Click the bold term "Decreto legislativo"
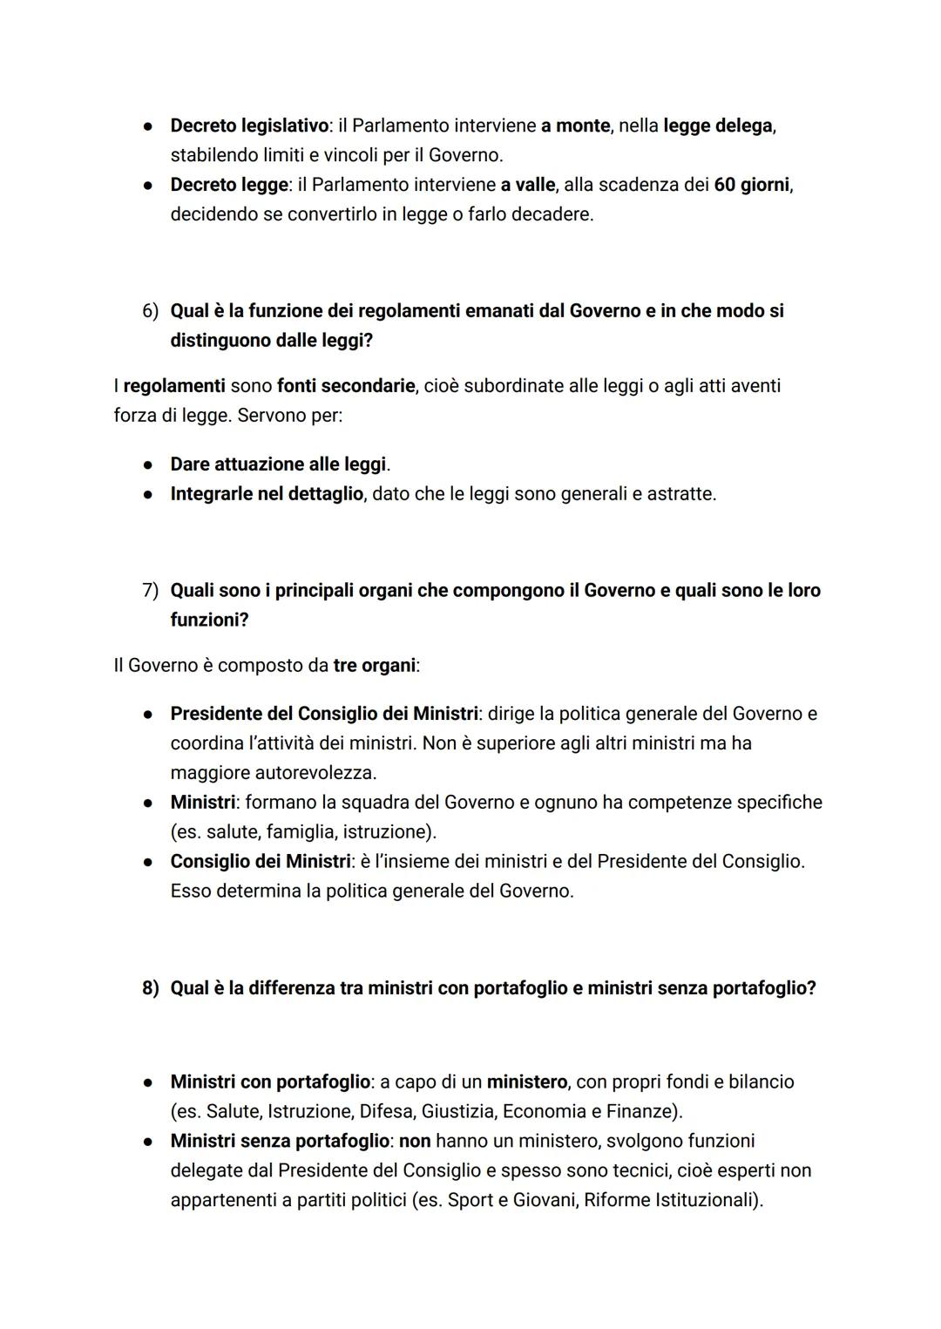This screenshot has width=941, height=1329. (x=249, y=125)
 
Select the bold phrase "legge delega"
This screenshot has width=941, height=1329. (x=718, y=125)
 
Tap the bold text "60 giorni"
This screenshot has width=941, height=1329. (x=752, y=185)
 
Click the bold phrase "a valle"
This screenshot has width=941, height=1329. (x=527, y=185)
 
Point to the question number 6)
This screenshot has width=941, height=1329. (x=151, y=311)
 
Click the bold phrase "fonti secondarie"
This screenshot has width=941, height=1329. (x=346, y=385)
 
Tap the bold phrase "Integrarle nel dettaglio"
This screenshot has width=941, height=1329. (x=267, y=494)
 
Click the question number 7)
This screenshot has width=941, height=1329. (x=151, y=591)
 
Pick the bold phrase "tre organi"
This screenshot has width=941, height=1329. (x=374, y=666)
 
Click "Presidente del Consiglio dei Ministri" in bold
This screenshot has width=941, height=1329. (x=324, y=714)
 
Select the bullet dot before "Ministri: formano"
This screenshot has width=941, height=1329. (x=150, y=803)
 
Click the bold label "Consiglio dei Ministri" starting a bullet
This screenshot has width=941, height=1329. (x=260, y=862)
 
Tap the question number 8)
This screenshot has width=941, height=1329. (x=151, y=988)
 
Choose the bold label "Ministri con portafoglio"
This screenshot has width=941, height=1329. (x=270, y=1082)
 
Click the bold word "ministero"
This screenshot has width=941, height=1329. (x=526, y=1082)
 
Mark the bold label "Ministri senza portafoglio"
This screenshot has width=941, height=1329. (x=280, y=1142)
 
